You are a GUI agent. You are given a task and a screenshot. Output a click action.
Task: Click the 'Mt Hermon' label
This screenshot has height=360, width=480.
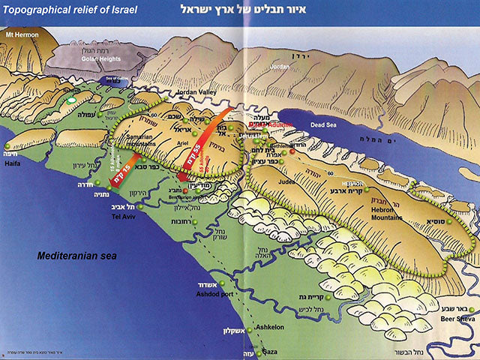tap(22, 34)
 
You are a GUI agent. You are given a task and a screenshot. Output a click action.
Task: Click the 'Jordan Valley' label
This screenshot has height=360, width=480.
tap(196, 93)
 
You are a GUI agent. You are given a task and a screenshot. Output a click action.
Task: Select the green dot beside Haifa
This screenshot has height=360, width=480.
tap(7, 145)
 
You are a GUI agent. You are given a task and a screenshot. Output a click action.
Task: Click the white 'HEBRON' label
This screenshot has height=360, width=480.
tap(352, 182)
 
